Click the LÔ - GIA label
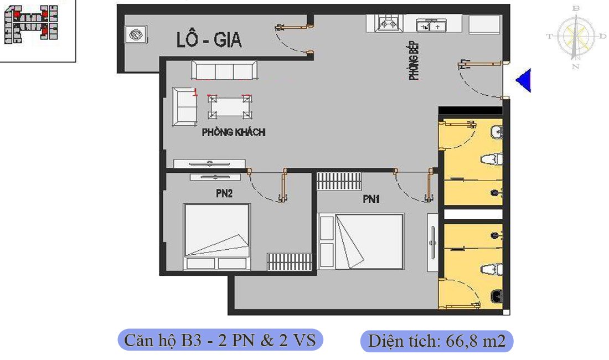click(209, 40)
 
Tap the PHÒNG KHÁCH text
click(233, 132)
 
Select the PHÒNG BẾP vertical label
click(414, 60)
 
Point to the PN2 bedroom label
click(224, 194)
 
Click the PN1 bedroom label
click(371, 199)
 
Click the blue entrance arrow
click(523, 80)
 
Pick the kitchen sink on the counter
click(431, 25)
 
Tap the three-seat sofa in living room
click(224, 71)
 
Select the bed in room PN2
click(216, 237)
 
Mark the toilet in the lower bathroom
click(491, 270)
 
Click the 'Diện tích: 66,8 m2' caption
click(437, 341)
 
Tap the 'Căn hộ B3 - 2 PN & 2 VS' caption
click(220, 340)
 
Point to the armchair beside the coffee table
click(184, 106)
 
